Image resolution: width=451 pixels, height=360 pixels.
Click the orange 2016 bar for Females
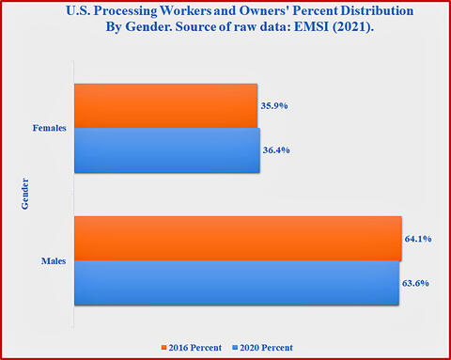[165, 105]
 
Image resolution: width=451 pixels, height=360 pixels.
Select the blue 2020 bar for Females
[167, 150]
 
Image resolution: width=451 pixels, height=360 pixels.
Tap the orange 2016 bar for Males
[238, 239]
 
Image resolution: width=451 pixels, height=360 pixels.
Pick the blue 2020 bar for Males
[237, 283]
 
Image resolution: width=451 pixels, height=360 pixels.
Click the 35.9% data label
[274, 106]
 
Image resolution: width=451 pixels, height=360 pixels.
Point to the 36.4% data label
[276, 150]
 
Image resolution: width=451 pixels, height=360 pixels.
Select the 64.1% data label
[418, 239]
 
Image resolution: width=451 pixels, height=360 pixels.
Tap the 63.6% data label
[415, 283]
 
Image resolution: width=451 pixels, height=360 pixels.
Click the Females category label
[50, 128]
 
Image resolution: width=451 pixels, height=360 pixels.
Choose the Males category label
[54, 261]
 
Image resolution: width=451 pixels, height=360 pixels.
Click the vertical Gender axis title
[24, 194]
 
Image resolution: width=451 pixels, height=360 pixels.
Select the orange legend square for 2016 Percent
[163, 348]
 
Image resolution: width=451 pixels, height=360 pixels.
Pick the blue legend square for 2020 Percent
[235, 348]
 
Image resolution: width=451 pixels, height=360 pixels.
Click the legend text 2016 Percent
[195, 348]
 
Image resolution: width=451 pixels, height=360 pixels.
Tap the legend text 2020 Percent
[267, 348]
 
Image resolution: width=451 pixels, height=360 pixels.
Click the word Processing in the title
[126, 11]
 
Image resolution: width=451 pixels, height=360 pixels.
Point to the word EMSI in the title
[311, 26]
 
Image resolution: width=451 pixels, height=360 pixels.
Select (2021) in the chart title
[353, 27]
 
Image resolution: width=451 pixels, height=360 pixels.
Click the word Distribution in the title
[377, 10]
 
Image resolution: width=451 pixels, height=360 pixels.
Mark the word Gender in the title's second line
[148, 27]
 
